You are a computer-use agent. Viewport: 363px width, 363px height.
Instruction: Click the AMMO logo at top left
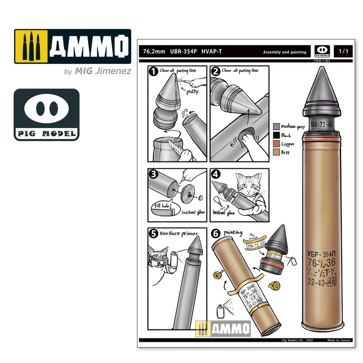[x=73, y=47]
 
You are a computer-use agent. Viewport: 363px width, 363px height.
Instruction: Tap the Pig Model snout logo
[x=46, y=114]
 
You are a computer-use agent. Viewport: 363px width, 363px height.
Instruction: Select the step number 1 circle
[x=153, y=72]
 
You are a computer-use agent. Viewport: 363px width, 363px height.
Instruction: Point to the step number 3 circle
[x=153, y=174]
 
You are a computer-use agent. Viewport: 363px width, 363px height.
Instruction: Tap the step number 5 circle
[x=153, y=233]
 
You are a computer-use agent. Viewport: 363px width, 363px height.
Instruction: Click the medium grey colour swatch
[x=276, y=126]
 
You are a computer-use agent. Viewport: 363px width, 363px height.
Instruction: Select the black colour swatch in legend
[x=276, y=135]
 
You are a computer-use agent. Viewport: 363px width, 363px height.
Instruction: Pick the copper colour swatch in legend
[x=276, y=143]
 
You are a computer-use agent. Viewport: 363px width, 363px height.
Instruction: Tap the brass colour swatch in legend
[x=276, y=152]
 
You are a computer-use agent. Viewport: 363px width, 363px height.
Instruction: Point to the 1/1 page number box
[x=343, y=51]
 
